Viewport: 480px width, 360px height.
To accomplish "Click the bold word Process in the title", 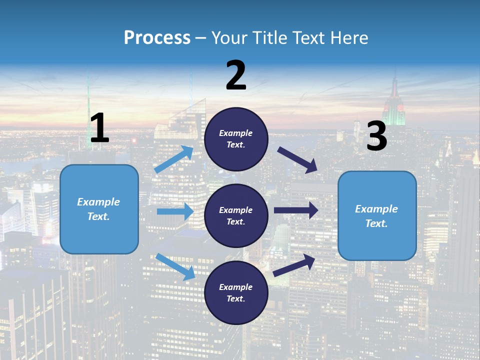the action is [x=157, y=37].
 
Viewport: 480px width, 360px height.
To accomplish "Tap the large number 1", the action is [x=99, y=128].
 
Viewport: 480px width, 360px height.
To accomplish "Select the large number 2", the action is [x=236, y=75].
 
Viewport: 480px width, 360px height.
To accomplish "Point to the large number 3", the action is [x=376, y=136].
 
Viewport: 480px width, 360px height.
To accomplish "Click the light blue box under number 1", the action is [x=99, y=209].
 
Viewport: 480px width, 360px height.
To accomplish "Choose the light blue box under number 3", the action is [x=377, y=215].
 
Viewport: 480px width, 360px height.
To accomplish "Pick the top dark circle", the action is [x=236, y=139].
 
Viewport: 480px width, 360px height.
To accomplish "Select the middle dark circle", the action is [x=236, y=215].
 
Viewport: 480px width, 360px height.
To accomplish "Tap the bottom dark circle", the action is [x=236, y=292].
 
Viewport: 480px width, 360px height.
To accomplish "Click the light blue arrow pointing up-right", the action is [x=174, y=159].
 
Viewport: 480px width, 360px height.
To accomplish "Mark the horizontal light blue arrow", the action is [x=175, y=211].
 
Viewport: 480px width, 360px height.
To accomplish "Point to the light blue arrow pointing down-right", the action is [x=175, y=266].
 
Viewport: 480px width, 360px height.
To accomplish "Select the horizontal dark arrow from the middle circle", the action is [x=296, y=210].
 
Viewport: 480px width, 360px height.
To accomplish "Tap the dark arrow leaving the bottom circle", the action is [x=294, y=265].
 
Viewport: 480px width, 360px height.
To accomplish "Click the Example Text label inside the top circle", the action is [x=236, y=139].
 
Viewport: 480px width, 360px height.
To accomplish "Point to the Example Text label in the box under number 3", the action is [x=376, y=216].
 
